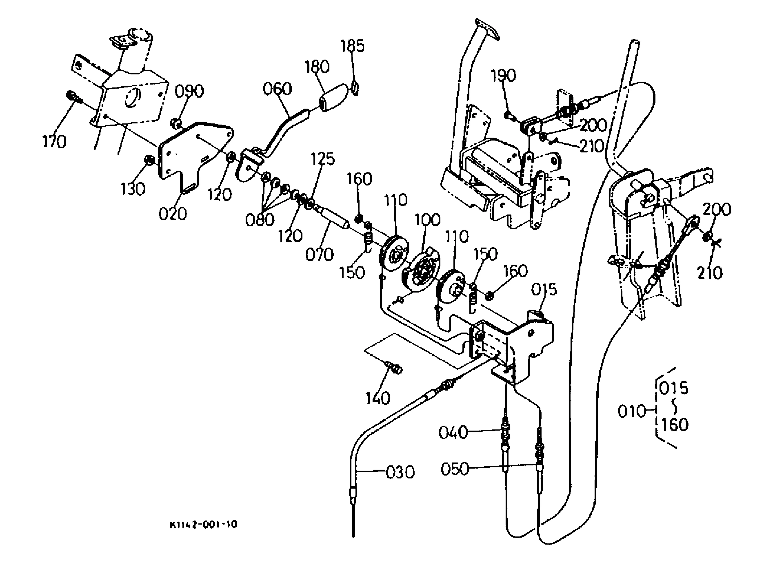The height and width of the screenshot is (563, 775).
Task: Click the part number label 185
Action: point(353,46)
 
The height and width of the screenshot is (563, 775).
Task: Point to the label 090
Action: point(189,91)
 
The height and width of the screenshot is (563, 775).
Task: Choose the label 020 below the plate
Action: point(173,214)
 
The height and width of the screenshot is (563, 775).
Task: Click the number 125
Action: point(323,159)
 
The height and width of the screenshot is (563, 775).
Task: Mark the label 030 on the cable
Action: point(400,472)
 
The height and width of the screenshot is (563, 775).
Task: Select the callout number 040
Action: point(453,432)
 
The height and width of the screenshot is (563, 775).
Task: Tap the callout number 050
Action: point(455,469)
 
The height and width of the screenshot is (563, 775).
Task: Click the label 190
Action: point(503,76)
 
